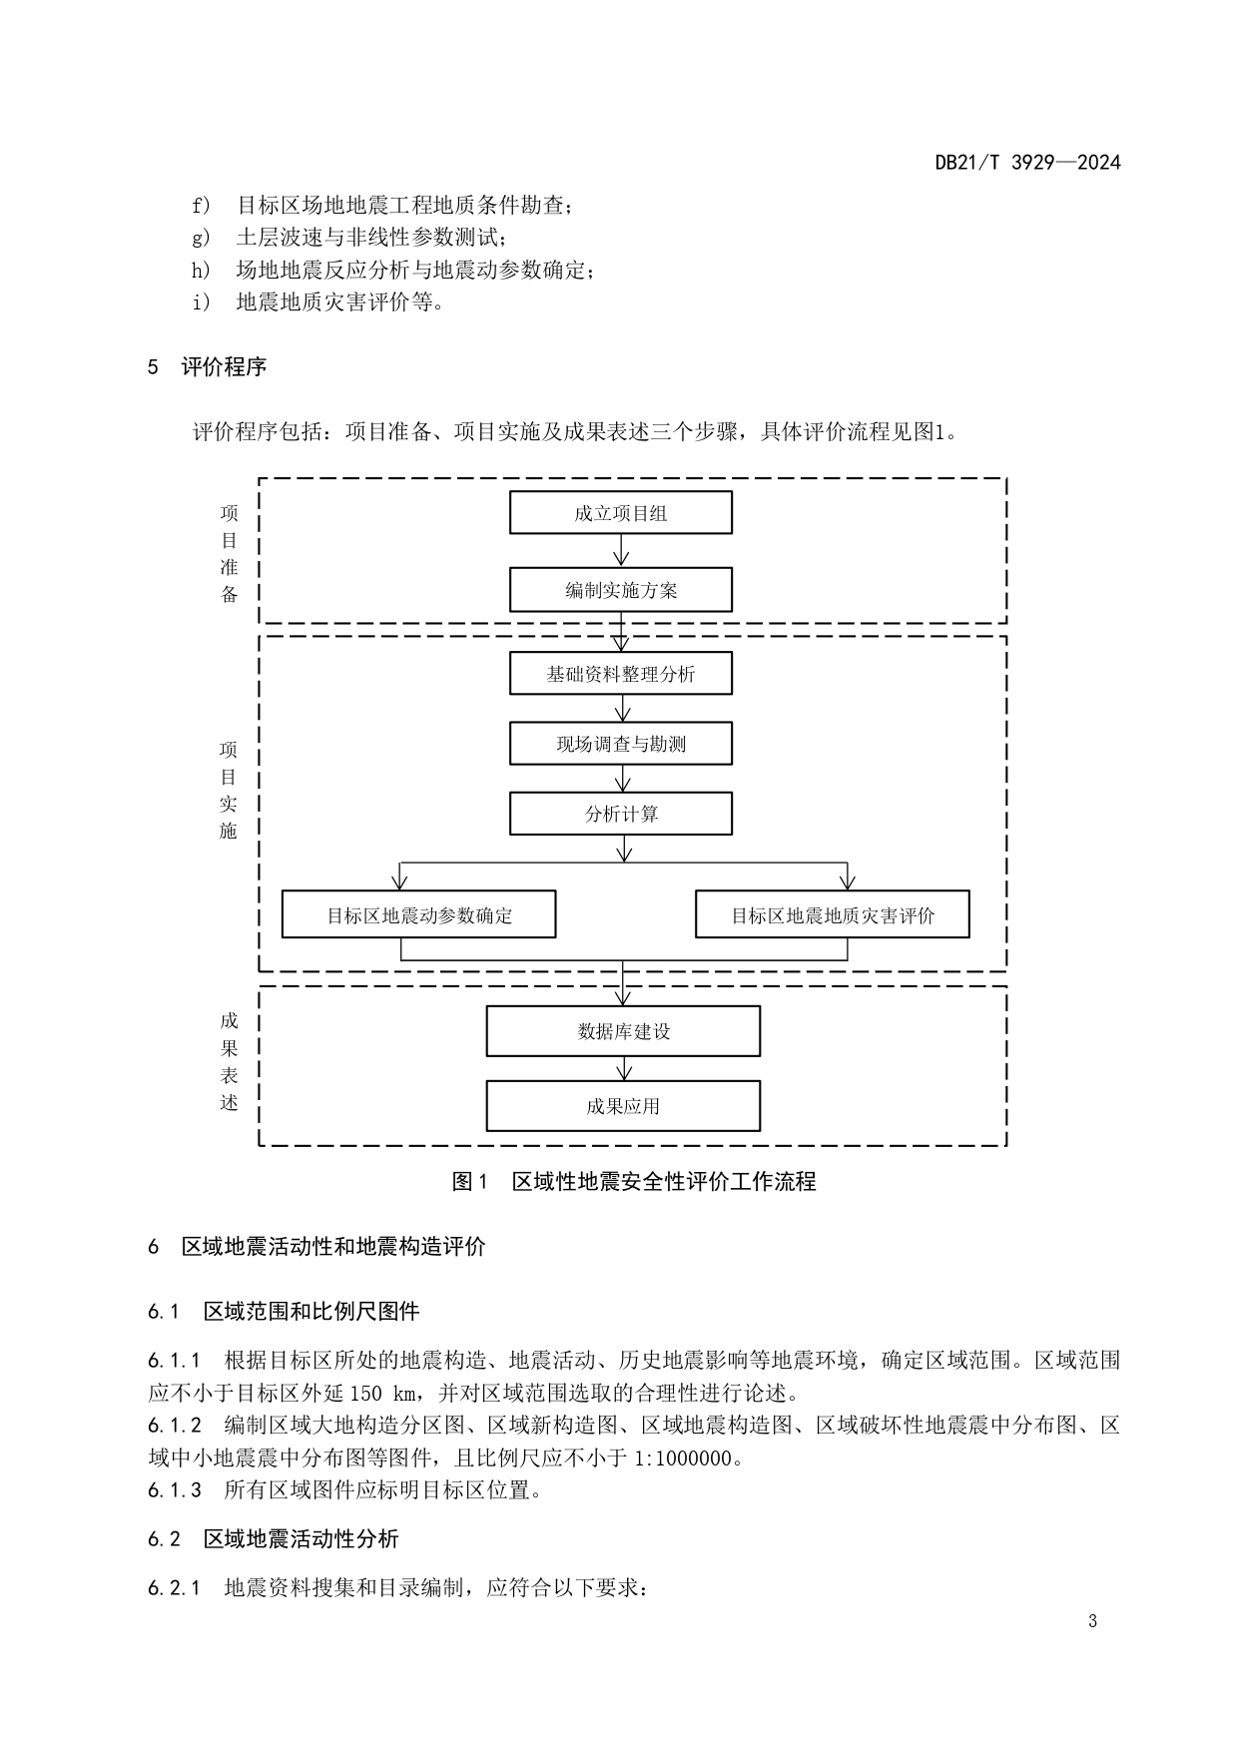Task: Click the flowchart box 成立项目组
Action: tap(620, 513)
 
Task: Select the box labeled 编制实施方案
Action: tap(620, 590)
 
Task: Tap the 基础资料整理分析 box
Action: tap(620, 674)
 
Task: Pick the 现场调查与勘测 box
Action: tap(620, 744)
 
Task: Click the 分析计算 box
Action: tap(620, 814)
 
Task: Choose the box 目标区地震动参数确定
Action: tap(418, 914)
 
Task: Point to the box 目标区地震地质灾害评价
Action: tap(832, 914)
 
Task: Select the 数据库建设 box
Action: tap(623, 1031)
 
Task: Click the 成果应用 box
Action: tap(623, 1106)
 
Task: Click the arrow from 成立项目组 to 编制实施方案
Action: tap(621, 551)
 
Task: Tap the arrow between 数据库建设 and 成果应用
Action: tap(624, 1068)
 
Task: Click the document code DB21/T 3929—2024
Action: tap(1027, 162)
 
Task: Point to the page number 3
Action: tap(1092, 1621)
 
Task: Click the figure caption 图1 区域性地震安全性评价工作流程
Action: tap(634, 1182)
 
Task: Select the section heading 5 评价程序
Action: tap(208, 366)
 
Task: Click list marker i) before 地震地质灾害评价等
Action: tap(202, 301)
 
